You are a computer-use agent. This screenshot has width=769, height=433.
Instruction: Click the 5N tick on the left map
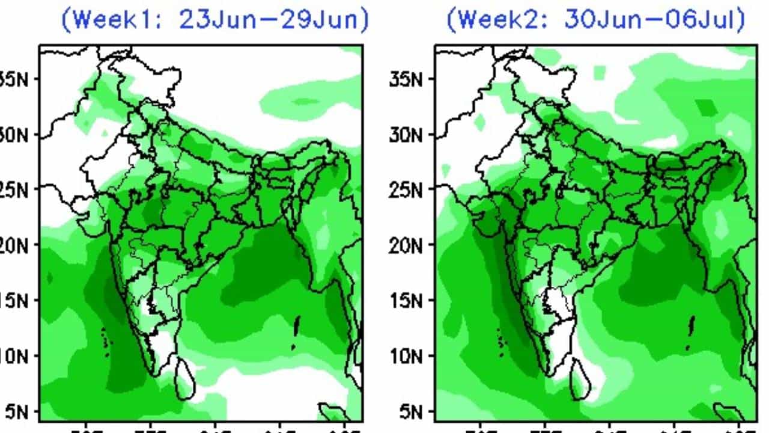18,412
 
